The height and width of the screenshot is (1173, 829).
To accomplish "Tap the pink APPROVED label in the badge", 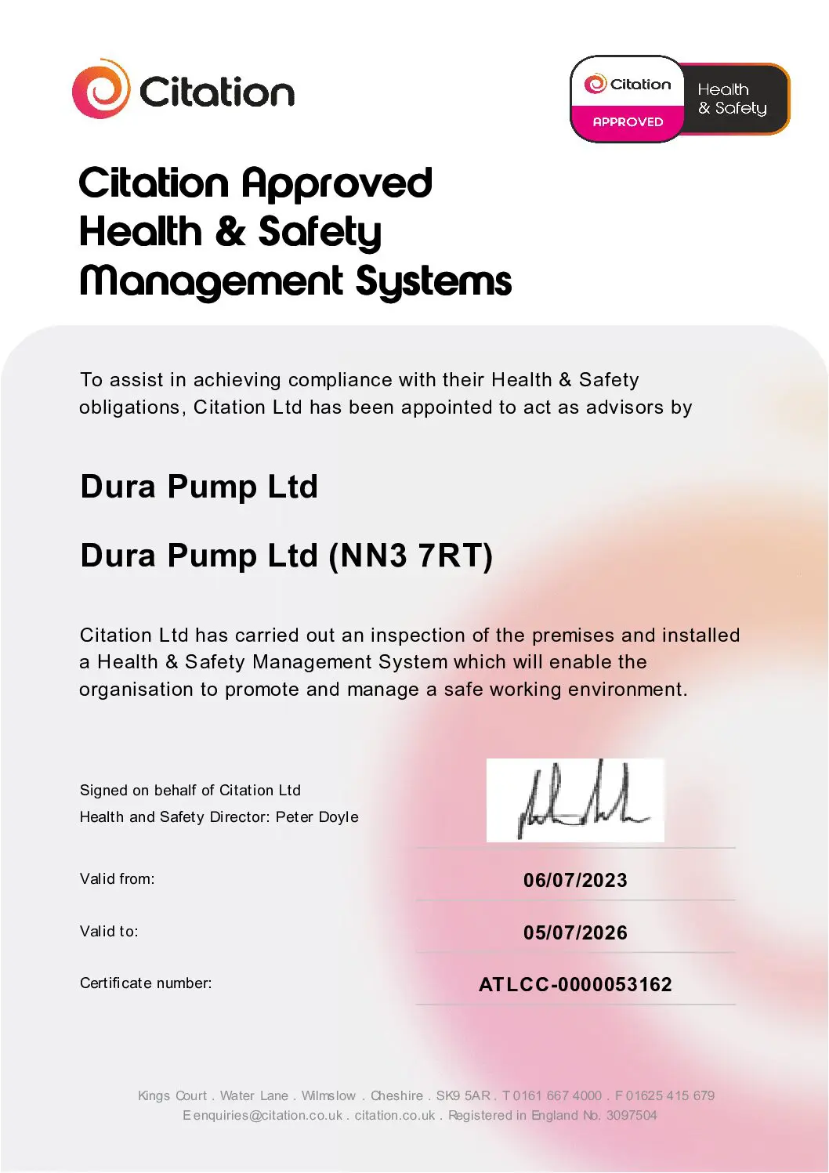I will (628, 121).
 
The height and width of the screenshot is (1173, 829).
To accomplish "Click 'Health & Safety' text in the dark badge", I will (732, 99).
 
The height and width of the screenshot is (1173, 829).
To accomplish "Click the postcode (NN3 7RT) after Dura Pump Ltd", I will (411, 556).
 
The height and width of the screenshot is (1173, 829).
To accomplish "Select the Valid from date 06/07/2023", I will (575, 880).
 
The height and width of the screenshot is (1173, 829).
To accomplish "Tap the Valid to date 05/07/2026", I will (575, 932).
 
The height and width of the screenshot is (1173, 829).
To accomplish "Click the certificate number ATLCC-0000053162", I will (575, 984).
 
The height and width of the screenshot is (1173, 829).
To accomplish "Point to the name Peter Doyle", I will (317, 816).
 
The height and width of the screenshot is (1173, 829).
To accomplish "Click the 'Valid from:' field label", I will (117, 878).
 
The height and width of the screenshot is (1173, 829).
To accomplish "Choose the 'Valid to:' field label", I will (109, 931).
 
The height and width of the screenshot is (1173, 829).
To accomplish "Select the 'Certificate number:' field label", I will (146, 983).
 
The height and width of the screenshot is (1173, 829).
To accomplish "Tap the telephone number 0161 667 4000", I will (557, 1095).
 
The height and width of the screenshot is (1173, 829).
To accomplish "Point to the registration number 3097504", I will (632, 1115).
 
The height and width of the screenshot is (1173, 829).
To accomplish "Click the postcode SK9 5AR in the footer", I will (463, 1095).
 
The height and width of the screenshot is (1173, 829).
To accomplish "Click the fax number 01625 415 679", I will (670, 1095).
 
